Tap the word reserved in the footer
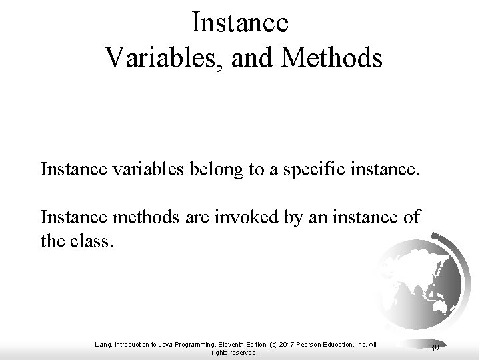click(x=243, y=353)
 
